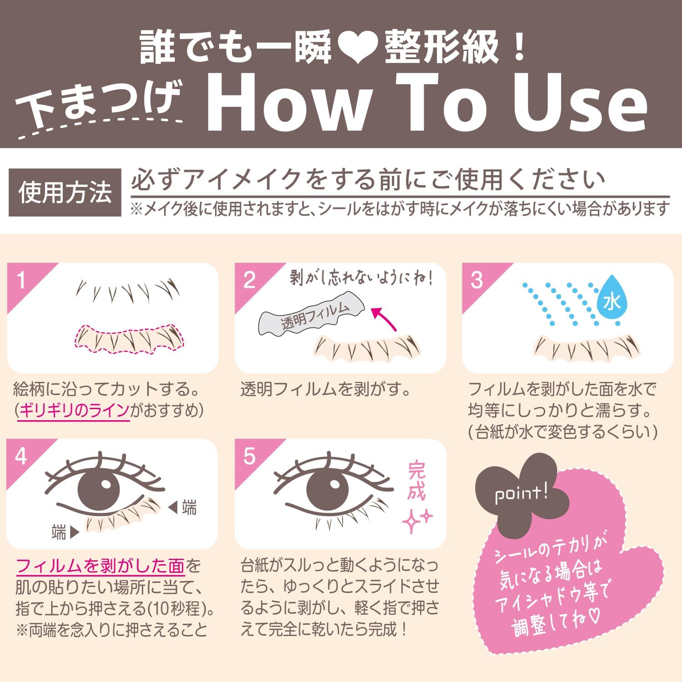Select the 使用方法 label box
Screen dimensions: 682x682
tap(65, 192)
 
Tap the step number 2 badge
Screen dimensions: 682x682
tap(249, 280)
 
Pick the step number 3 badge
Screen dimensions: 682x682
tap(476, 280)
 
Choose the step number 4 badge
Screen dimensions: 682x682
tap(21, 456)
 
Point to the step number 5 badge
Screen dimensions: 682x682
tap(249, 456)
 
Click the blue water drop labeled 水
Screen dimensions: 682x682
tap(611, 301)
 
